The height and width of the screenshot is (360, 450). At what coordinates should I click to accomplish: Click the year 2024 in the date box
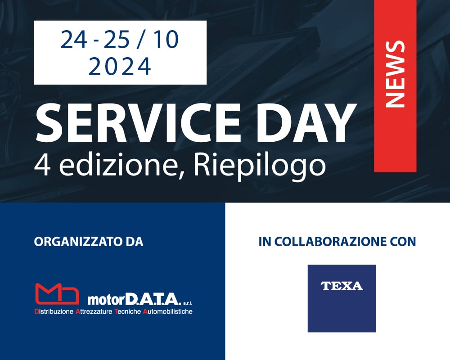click(x=120, y=66)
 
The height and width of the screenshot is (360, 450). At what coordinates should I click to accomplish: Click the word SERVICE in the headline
click(x=138, y=122)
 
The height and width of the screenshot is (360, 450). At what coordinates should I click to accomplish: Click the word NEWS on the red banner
click(x=395, y=74)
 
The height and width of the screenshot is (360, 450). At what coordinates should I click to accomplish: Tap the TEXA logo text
click(x=342, y=286)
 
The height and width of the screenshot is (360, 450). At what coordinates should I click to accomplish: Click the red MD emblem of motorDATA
click(x=57, y=293)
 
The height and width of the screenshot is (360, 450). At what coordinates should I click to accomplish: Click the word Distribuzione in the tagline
click(x=54, y=311)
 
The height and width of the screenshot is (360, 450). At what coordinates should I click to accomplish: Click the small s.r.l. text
click(x=187, y=303)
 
